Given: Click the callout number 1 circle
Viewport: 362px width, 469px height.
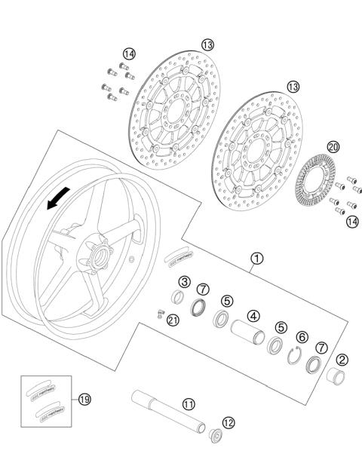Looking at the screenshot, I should click(x=257, y=259).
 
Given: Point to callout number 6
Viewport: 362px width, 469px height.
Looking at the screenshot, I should click(x=302, y=338).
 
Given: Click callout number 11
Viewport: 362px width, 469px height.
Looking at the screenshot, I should click(x=189, y=404).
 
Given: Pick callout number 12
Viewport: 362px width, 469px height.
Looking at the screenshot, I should click(x=229, y=421).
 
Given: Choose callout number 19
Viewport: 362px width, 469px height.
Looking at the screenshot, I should click(x=84, y=399).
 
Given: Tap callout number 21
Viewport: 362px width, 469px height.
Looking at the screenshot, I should click(x=173, y=320).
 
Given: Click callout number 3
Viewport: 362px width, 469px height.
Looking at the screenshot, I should click(x=184, y=281).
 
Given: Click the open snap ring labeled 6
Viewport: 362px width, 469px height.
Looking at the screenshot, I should click(x=296, y=356).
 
